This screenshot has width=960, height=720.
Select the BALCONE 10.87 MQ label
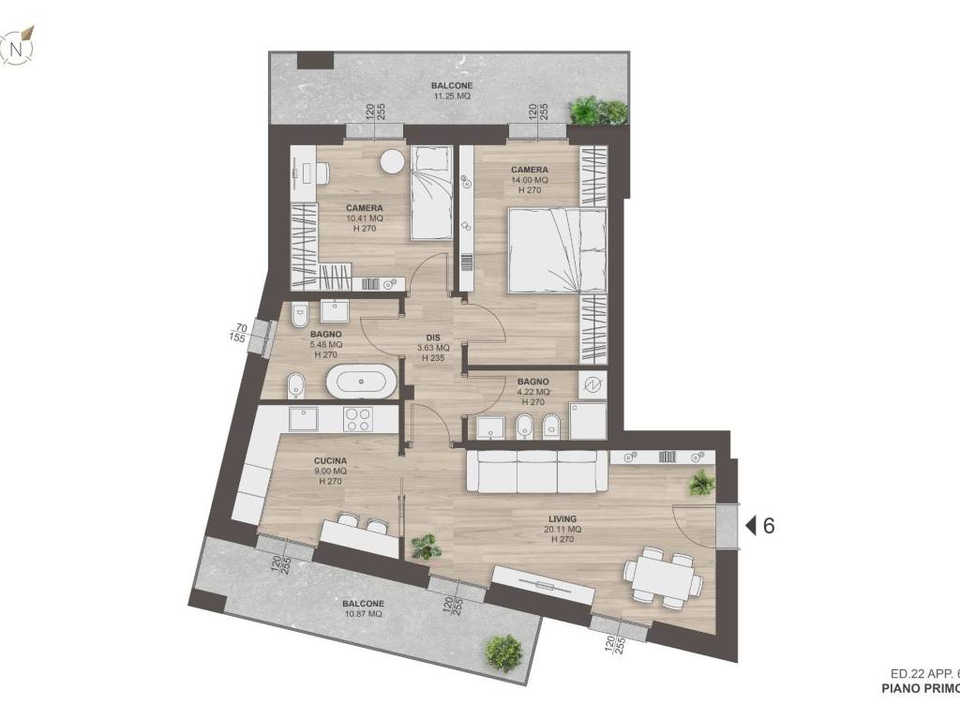pyautogui.click(x=362, y=608)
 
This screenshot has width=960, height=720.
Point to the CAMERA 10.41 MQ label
pyautogui.click(x=364, y=217)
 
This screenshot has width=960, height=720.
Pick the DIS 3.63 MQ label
pyautogui.click(x=432, y=347)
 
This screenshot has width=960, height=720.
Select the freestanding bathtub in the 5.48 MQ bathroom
pyautogui.click(x=362, y=382)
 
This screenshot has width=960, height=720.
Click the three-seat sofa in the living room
pyautogui.click(x=537, y=470)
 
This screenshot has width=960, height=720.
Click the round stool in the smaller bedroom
pyautogui.click(x=391, y=162)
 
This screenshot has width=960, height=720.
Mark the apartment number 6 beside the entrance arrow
pyautogui.click(x=770, y=526)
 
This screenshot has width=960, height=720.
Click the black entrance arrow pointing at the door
pyautogui.click(x=750, y=526)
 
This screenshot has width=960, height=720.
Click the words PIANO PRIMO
pyautogui.click(x=920, y=690)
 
